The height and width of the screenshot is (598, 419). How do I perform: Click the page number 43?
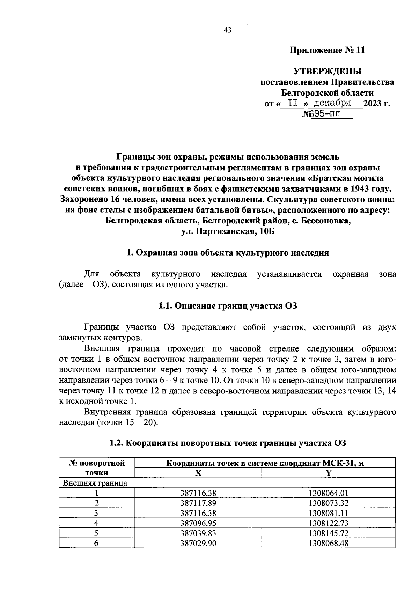pos(227,30)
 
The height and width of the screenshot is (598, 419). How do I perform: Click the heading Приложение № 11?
pos(328,50)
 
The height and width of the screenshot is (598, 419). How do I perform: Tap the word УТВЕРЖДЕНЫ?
pos(328,72)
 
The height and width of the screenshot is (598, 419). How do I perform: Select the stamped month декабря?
pos(332,103)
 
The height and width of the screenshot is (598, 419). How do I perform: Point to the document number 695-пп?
pos(327,114)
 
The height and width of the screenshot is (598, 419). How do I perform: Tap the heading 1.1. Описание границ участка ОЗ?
pos(228,306)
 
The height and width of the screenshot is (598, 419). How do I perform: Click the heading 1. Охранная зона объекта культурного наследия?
pos(228,253)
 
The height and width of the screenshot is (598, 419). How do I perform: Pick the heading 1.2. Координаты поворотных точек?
pos(228,443)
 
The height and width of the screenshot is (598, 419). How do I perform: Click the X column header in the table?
pos(198,473)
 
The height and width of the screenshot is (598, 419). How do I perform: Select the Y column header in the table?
pos(328,473)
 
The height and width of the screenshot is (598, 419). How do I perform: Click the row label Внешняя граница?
pos(95,483)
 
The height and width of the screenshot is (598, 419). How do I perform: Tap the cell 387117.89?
pos(198,503)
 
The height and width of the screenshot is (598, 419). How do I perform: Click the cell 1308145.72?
pos(328,533)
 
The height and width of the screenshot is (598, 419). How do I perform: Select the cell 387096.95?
pos(198,523)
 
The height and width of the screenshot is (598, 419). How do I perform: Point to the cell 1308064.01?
pos(328,493)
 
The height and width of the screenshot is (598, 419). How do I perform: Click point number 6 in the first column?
pos(97,543)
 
